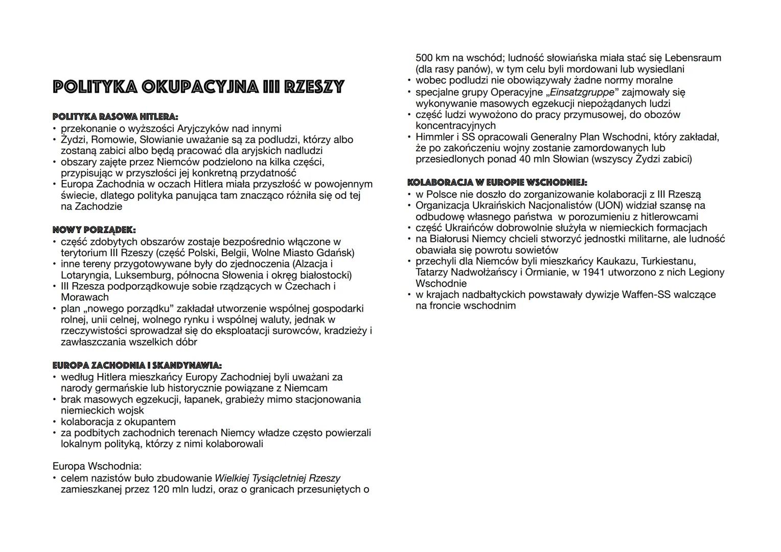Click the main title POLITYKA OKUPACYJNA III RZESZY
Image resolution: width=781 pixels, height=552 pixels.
(x=198, y=87)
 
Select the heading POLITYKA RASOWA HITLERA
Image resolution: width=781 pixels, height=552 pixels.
(x=115, y=117)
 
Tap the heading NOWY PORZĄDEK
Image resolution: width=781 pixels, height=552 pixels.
(x=94, y=230)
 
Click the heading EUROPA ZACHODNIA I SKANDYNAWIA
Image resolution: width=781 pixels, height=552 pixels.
(x=137, y=365)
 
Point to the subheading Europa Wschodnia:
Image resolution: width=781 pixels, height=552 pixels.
(x=97, y=466)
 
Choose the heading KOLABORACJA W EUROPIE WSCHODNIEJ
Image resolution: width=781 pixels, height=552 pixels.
(x=497, y=182)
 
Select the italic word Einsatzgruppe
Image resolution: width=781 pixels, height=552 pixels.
(x=581, y=93)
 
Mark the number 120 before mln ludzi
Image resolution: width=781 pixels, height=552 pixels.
(x=161, y=489)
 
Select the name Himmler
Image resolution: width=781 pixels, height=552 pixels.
(x=435, y=137)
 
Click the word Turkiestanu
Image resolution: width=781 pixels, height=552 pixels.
(x=667, y=261)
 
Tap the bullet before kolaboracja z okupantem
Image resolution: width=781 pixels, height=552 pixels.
(x=54, y=422)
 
